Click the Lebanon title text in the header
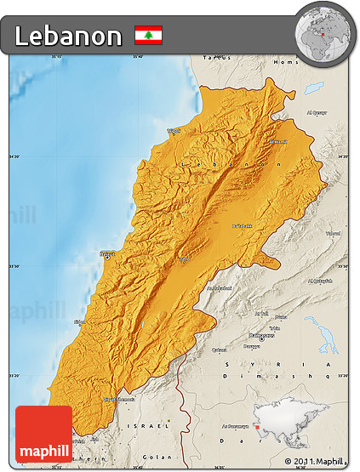click(x=68, y=36)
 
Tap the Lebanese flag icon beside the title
click(x=148, y=36)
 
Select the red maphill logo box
click(x=43, y=433)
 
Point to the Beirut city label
click(x=107, y=253)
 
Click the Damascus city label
click(x=267, y=334)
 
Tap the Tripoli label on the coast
click(x=174, y=130)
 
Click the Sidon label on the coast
click(x=80, y=321)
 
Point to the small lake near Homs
click(x=313, y=88)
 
